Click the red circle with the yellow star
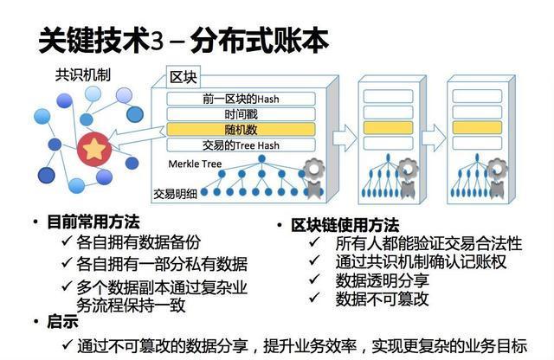coord(93,149)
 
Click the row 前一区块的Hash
coord(241,99)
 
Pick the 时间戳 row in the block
coord(241,113)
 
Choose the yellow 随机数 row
coord(241,129)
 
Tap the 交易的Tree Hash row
coord(241,145)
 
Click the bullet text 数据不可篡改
coord(382,299)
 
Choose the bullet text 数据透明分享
coord(382,280)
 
